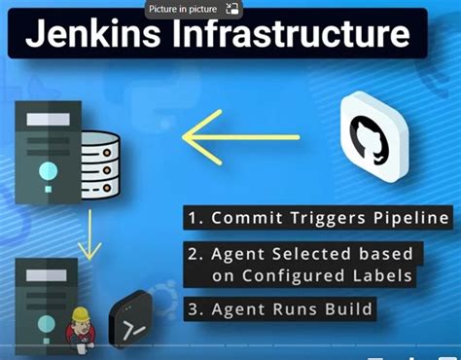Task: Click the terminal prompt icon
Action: tap(134, 318)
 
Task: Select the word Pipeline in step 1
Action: tap(412, 216)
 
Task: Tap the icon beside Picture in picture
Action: tap(231, 9)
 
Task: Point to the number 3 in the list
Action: tap(193, 311)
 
